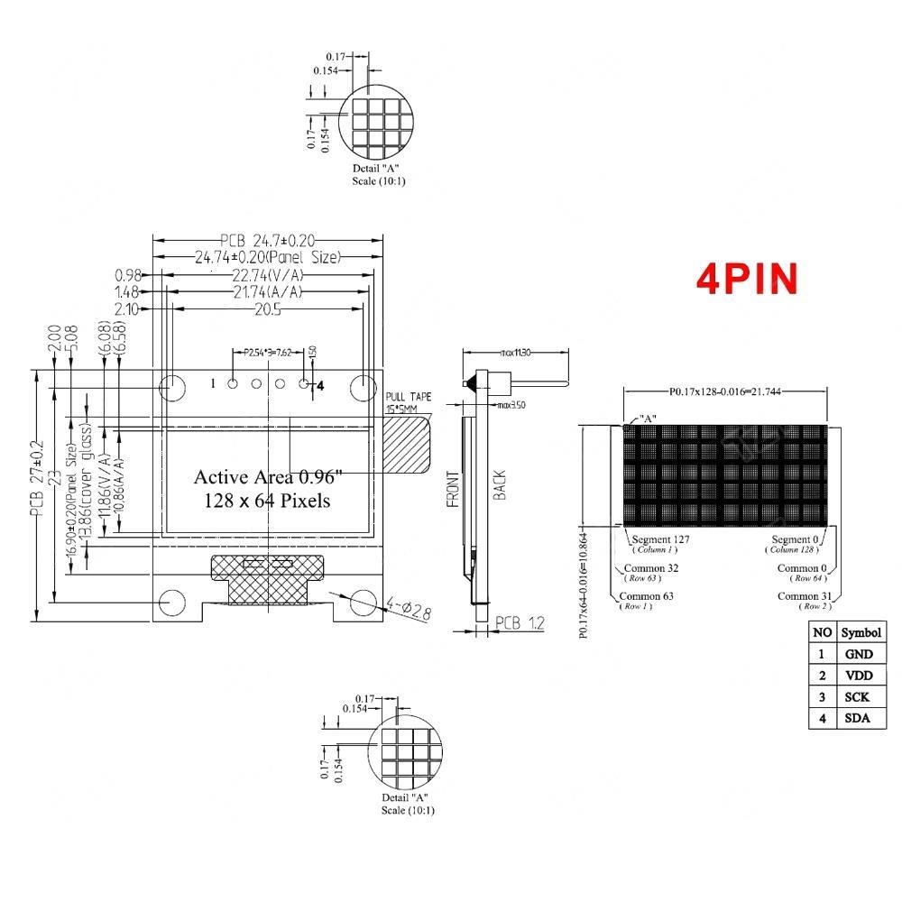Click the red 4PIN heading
pos(747,279)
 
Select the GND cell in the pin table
pos(860,653)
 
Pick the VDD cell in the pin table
pos(860,675)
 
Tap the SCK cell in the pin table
pos(860,696)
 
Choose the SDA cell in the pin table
pos(860,718)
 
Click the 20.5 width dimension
pos(268,309)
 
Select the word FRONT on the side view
pos(456,492)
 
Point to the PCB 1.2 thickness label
pos(520,622)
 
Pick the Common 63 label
pos(646,596)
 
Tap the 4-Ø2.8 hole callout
pos(409,609)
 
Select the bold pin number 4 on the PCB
pos(319,384)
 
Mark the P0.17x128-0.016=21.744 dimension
pos(726,392)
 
